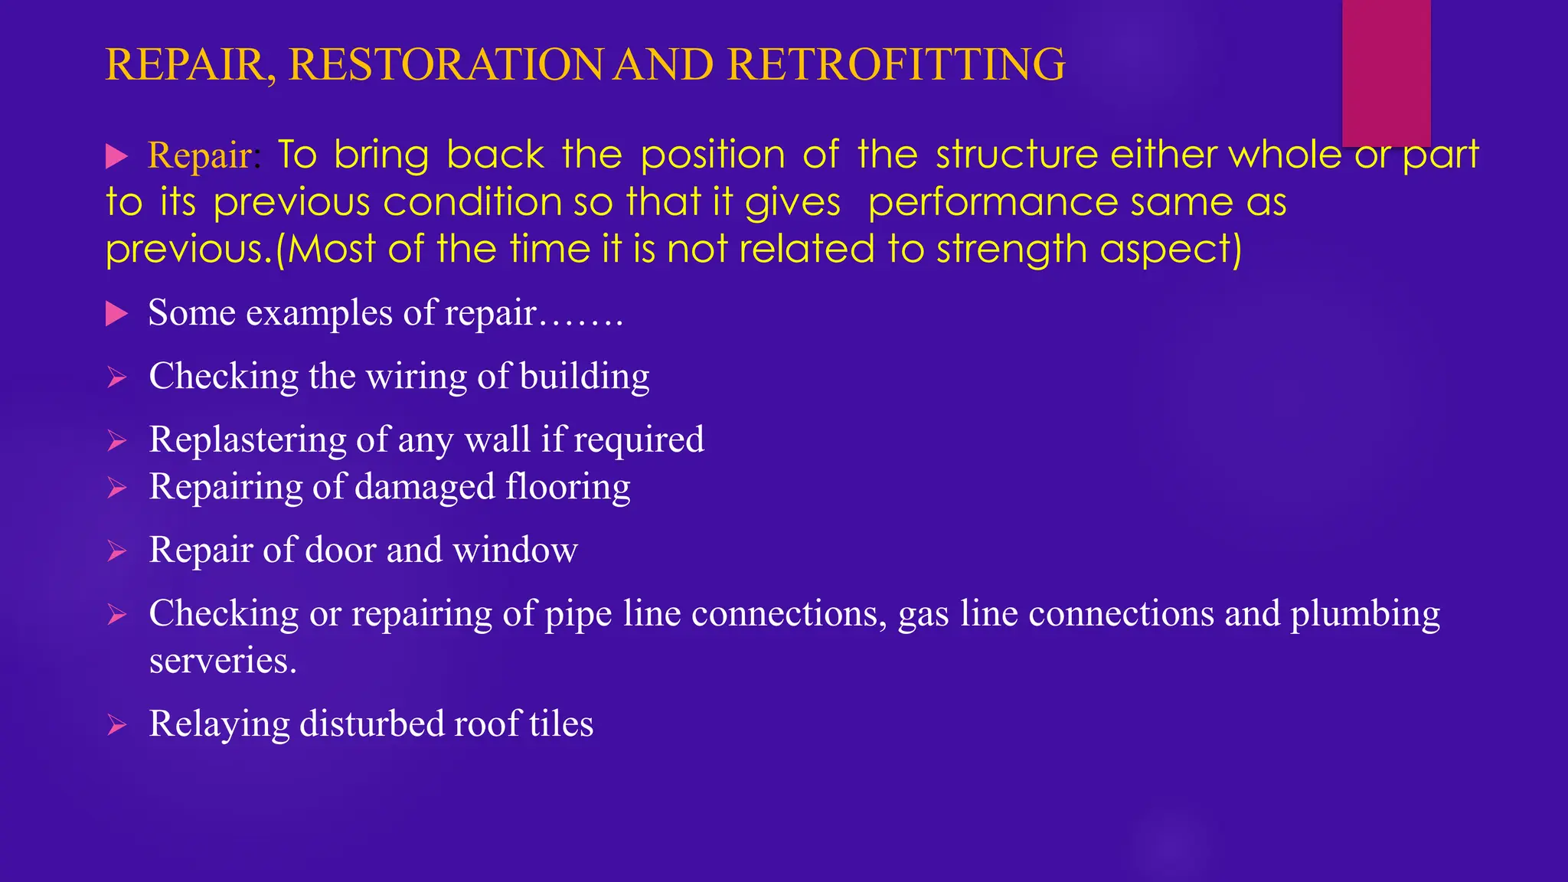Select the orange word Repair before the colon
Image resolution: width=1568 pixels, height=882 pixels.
(x=199, y=155)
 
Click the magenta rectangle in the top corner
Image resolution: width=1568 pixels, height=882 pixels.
(x=1386, y=73)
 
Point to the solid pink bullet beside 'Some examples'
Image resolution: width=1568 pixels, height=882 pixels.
(x=116, y=313)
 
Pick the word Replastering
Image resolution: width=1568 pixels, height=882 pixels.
(x=247, y=440)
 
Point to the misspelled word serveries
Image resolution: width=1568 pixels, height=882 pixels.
(x=223, y=661)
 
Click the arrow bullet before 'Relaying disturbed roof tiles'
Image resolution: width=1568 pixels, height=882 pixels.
(x=116, y=724)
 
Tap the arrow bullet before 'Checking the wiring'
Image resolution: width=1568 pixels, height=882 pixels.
(x=116, y=377)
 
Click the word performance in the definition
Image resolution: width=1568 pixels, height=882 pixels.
(x=992, y=203)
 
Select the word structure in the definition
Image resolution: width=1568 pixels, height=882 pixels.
(x=1017, y=155)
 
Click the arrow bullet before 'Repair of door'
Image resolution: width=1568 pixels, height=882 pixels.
(x=116, y=550)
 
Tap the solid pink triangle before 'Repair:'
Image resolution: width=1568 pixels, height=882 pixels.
(x=116, y=156)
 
